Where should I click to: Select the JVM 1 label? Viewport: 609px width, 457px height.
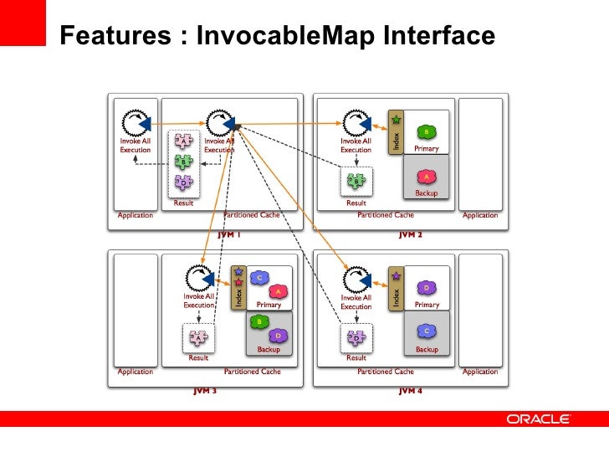229,235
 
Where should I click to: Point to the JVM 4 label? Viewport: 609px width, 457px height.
410,391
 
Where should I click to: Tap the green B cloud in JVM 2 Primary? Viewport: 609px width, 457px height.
426,131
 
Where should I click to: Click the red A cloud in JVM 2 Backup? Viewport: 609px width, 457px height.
426,177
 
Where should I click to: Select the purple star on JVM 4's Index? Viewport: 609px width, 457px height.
396,274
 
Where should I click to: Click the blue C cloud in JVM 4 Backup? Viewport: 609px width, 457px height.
426,333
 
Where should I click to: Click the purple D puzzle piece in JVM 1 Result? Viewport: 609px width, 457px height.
182,182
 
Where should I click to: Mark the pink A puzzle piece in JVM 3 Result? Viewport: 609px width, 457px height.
198,337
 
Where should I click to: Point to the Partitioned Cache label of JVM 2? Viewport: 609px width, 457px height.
386,215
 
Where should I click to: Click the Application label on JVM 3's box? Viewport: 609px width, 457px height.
135,371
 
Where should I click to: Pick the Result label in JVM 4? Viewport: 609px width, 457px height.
356,357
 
